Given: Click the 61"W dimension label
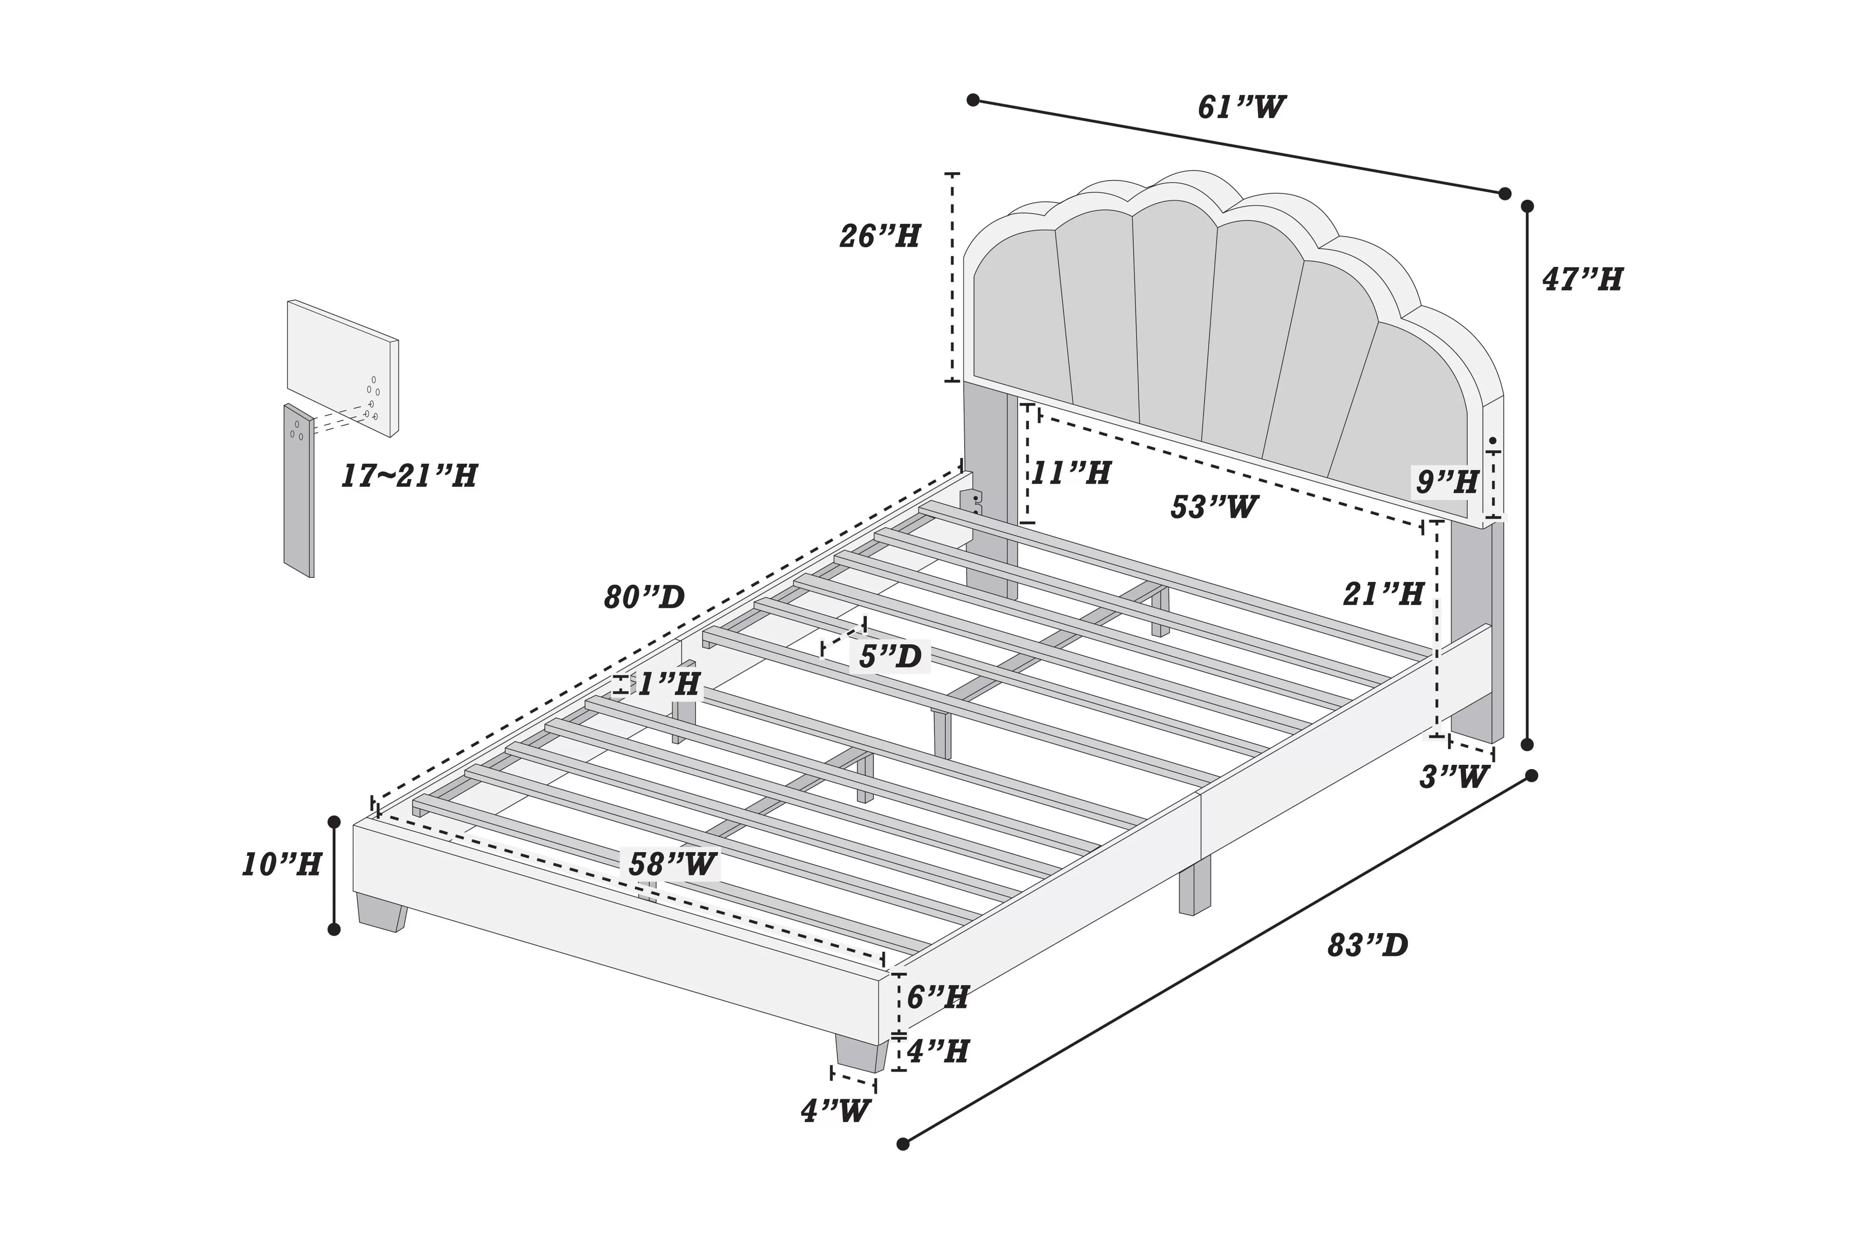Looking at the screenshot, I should tap(1241, 106).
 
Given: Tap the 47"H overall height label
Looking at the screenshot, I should tap(1581, 279).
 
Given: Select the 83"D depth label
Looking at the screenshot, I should tap(1367, 945).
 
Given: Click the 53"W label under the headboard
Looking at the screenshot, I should tap(1213, 507).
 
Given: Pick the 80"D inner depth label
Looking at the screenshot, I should tap(644, 597).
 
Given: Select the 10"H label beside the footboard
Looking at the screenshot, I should tap(281, 864).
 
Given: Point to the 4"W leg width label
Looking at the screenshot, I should tap(835, 1111).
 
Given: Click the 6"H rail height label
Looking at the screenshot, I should tap(937, 997).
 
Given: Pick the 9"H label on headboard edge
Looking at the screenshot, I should tap(1447, 482).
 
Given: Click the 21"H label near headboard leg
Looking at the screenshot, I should tap(1382, 594).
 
